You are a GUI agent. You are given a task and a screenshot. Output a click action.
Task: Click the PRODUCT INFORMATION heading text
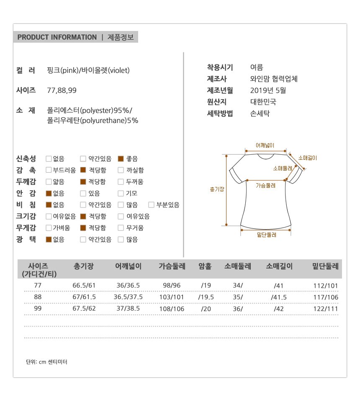(x=57, y=37)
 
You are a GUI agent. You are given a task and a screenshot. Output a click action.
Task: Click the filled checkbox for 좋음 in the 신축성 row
(x=121, y=159)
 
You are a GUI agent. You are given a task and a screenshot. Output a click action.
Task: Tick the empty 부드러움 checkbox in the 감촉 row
(x=49, y=170)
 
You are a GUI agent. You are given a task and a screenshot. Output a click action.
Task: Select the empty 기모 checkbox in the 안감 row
(x=121, y=193)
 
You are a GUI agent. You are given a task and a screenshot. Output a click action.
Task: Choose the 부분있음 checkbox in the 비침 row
(x=151, y=205)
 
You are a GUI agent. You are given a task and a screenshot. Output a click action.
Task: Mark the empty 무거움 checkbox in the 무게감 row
(x=121, y=228)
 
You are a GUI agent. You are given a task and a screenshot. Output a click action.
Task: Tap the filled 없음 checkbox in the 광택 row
(x=49, y=240)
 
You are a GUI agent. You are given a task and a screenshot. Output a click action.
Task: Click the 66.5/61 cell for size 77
(x=84, y=286)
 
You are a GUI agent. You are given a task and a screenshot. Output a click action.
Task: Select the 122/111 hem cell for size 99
(x=326, y=308)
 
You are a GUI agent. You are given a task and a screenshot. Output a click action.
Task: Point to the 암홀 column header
(x=205, y=266)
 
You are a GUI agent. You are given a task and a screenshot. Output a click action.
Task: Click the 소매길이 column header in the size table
(x=279, y=266)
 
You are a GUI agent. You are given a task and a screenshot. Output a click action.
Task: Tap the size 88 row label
(x=38, y=297)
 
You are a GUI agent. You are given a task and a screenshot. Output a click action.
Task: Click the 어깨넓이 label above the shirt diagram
(x=265, y=146)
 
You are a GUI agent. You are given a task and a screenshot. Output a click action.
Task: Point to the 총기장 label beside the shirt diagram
(x=217, y=189)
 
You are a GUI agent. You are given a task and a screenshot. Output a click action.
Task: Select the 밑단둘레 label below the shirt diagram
(x=267, y=235)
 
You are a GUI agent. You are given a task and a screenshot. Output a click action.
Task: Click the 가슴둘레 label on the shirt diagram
(x=265, y=185)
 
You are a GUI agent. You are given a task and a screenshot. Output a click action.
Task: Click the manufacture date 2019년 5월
(x=268, y=90)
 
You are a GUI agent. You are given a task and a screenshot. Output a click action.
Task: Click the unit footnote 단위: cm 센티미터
(x=46, y=362)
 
